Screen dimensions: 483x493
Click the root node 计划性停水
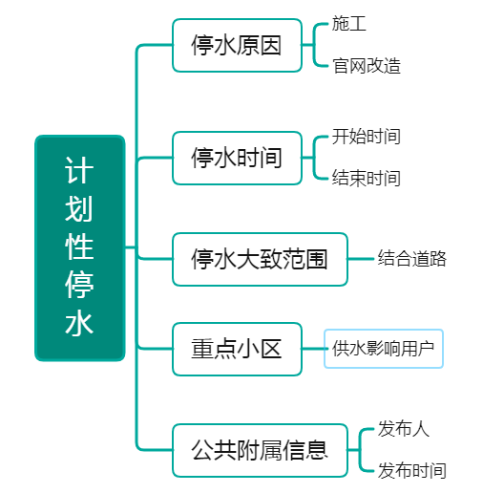point(79,248)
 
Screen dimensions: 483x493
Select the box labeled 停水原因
point(237,45)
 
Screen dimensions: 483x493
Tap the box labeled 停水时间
point(237,158)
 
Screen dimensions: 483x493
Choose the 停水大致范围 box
point(260,259)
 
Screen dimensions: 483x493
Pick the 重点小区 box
point(237,349)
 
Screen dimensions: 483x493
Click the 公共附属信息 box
point(260,450)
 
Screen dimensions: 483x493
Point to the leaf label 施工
point(349,24)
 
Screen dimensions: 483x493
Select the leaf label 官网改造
point(367,66)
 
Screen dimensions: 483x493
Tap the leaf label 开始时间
point(367,137)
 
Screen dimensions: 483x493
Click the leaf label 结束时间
point(367,178)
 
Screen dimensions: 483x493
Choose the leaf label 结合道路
point(412,258)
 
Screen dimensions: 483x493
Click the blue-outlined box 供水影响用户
point(384,349)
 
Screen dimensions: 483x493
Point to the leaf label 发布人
point(404,429)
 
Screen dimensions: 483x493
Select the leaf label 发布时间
point(412,470)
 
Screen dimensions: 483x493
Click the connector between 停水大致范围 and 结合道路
point(361,259)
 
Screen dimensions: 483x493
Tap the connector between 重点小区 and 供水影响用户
point(313,349)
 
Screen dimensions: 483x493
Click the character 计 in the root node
point(79,170)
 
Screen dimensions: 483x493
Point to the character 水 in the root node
point(79,323)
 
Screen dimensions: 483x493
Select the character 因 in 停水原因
point(271,45)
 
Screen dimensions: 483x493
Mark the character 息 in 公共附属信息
point(317,450)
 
